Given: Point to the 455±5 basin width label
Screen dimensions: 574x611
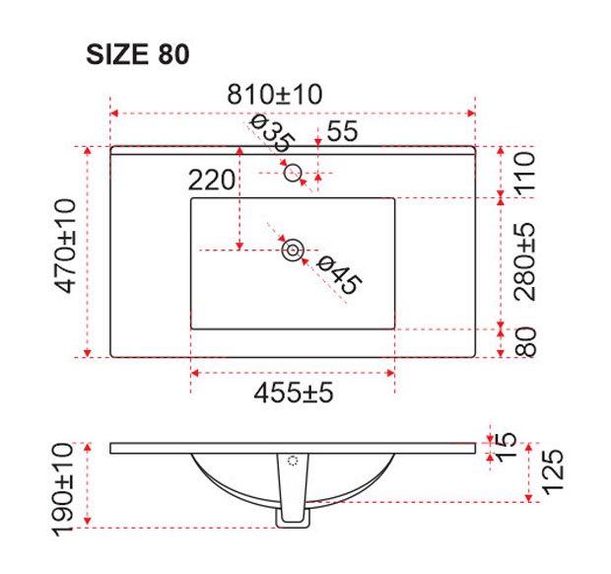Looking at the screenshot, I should tap(294, 393).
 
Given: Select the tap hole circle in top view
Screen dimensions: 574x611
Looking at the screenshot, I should tap(293, 174).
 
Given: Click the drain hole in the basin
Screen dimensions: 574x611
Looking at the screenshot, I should tap(293, 251).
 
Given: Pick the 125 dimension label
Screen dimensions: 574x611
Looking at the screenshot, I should tap(551, 474).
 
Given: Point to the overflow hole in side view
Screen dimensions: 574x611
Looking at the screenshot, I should tap(292, 461).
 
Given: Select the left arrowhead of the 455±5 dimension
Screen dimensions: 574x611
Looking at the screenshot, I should tap(194, 373).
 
